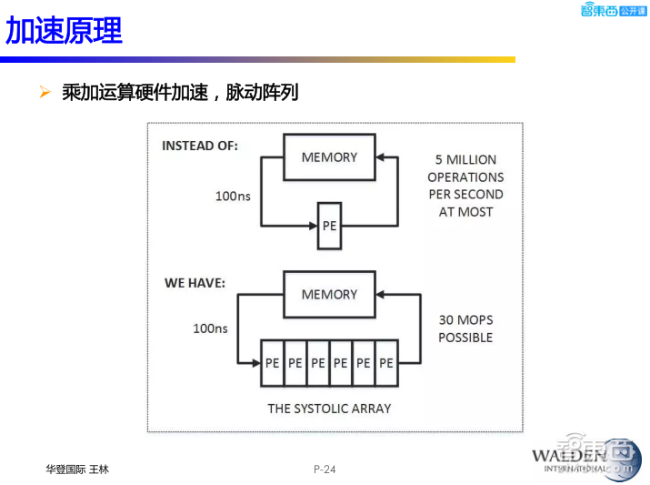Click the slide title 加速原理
(64, 31)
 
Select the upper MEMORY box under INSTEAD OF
(329, 157)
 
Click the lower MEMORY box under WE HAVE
(329, 295)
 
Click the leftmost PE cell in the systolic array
(272, 362)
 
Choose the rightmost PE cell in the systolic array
(386, 362)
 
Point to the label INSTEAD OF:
(200, 146)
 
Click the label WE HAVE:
(195, 283)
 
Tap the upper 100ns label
(232, 196)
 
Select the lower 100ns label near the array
(210, 328)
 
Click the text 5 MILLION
(465, 160)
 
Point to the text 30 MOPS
(465, 320)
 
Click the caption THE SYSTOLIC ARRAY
(329, 409)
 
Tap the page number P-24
(325, 470)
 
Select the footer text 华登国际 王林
(77, 470)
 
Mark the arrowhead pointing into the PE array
(254, 362)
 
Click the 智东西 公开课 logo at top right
(613, 10)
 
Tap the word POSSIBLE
(465, 338)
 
